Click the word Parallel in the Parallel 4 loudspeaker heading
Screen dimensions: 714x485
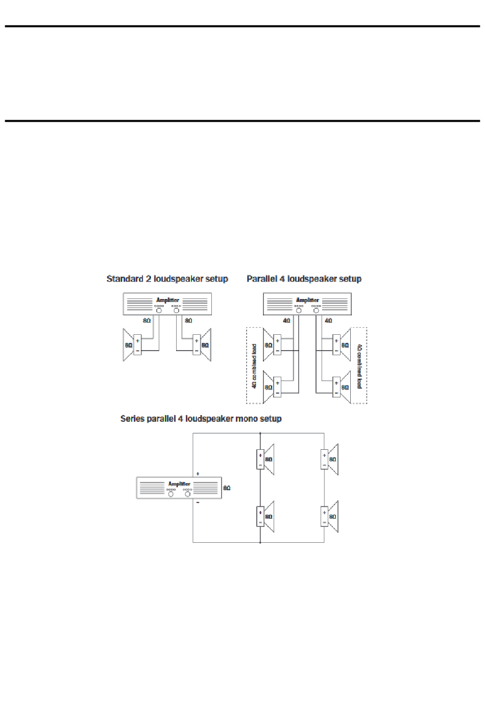click(x=261, y=279)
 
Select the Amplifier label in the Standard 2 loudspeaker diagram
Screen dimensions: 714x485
click(x=167, y=300)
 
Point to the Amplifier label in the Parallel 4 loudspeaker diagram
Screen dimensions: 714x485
click(x=307, y=300)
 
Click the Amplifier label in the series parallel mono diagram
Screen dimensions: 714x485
click(x=179, y=483)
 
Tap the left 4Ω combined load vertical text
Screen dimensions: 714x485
click(x=254, y=366)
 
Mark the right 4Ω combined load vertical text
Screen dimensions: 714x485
click(x=359, y=366)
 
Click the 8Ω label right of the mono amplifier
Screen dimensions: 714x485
click(x=227, y=488)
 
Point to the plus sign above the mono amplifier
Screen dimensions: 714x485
click(x=198, y=474)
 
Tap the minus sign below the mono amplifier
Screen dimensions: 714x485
click(x=198, y=503)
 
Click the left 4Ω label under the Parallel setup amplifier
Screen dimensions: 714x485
click(x=286, y=321)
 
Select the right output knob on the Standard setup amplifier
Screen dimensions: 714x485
click(x=177, y=311)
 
